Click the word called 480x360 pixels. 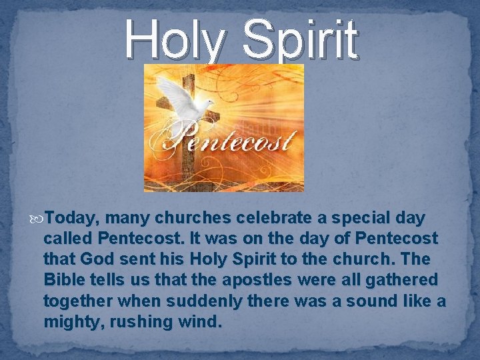(x=68, y=238)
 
